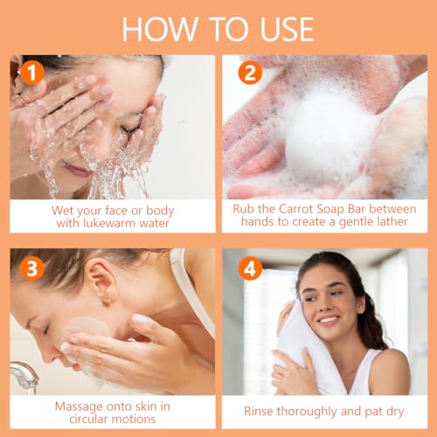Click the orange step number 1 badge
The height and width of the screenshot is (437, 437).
(x=32, y=73)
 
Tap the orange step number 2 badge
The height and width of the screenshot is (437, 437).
(x=250, y=73)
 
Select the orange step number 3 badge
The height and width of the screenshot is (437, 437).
(x=32, y=268)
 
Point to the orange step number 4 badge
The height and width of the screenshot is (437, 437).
(x=250, y=268)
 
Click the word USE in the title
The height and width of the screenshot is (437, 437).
(x=287, y=29)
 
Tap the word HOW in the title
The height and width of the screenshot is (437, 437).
(x=160, y=29)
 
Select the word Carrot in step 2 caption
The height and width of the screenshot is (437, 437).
(x=296, y=209)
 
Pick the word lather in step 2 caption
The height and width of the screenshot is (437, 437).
(x=392, y=222)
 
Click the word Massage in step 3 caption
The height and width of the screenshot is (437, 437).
(x=78, y=406)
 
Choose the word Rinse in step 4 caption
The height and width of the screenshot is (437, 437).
(x=259, y=412)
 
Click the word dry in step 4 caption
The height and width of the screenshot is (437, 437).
(x=395, y=412)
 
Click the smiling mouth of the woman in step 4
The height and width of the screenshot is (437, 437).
(x=329, y=320)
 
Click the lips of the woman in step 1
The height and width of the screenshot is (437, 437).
(x=78, y=170)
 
